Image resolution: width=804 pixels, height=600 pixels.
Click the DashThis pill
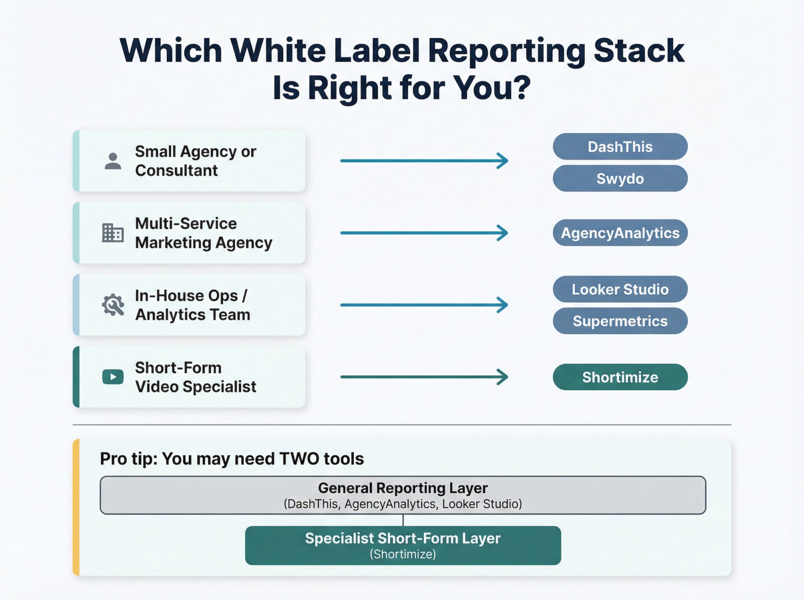[x=620, y=147]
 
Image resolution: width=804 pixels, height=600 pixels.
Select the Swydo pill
[x=620, y=178]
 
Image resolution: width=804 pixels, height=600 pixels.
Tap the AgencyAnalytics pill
[x=620, y=233]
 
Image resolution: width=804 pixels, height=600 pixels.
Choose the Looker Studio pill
[x=620, y=289]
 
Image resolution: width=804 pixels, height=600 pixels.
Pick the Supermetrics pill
[x=620, y=321]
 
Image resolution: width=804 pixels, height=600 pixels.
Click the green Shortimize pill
[x=620, y=377]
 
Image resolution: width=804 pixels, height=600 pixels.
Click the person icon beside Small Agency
[x=113, y=161]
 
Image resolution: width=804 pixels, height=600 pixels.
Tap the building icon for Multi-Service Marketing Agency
[x=113, y=233]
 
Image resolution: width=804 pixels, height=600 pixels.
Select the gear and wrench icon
[x=113, y=305]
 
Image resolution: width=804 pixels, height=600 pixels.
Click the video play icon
[x=113, y=377]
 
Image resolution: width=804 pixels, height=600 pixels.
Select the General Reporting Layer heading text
[x=403, y=488]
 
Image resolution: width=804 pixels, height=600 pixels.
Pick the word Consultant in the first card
[x=176, y=170]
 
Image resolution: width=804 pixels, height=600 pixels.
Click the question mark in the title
[x=522, y=88]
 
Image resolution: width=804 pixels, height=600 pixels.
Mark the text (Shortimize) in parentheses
[x=403, y=554]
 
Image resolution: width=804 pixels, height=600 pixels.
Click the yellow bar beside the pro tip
[x=76, y=507]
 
